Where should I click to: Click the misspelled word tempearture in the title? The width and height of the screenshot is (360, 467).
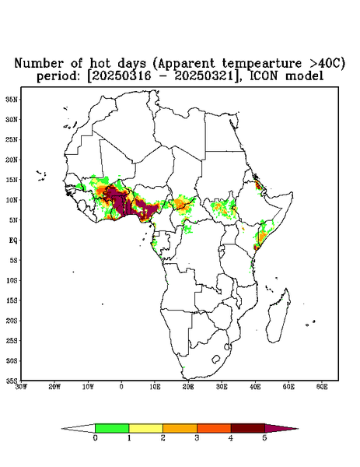[x=258, y=64]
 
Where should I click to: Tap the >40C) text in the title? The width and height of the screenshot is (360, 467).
[x=323, y=64]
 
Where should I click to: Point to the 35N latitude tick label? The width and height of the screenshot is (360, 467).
[x=12, y=99]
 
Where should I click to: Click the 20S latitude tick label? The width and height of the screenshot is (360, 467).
[x=12, y=321]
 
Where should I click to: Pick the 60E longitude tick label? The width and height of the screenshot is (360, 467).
[x=322, y=387]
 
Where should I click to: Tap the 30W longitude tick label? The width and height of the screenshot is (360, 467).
[x=22, y=387]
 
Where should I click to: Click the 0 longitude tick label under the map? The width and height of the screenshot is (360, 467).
[x=121, y=387]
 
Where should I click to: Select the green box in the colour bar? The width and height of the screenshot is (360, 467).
[x=112, y=428]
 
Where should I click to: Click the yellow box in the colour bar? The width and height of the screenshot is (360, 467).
[x=145, y=428]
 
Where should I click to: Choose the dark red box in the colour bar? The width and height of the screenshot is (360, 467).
[x=248, y=428]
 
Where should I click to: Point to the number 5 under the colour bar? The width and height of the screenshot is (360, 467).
[x=264, y=438]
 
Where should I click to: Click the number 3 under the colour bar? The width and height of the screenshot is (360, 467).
[x=197, y=438]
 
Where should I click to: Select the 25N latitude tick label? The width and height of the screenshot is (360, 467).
[x=12, y=139]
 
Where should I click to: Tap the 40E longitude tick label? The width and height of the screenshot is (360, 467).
[x=255, y=387]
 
